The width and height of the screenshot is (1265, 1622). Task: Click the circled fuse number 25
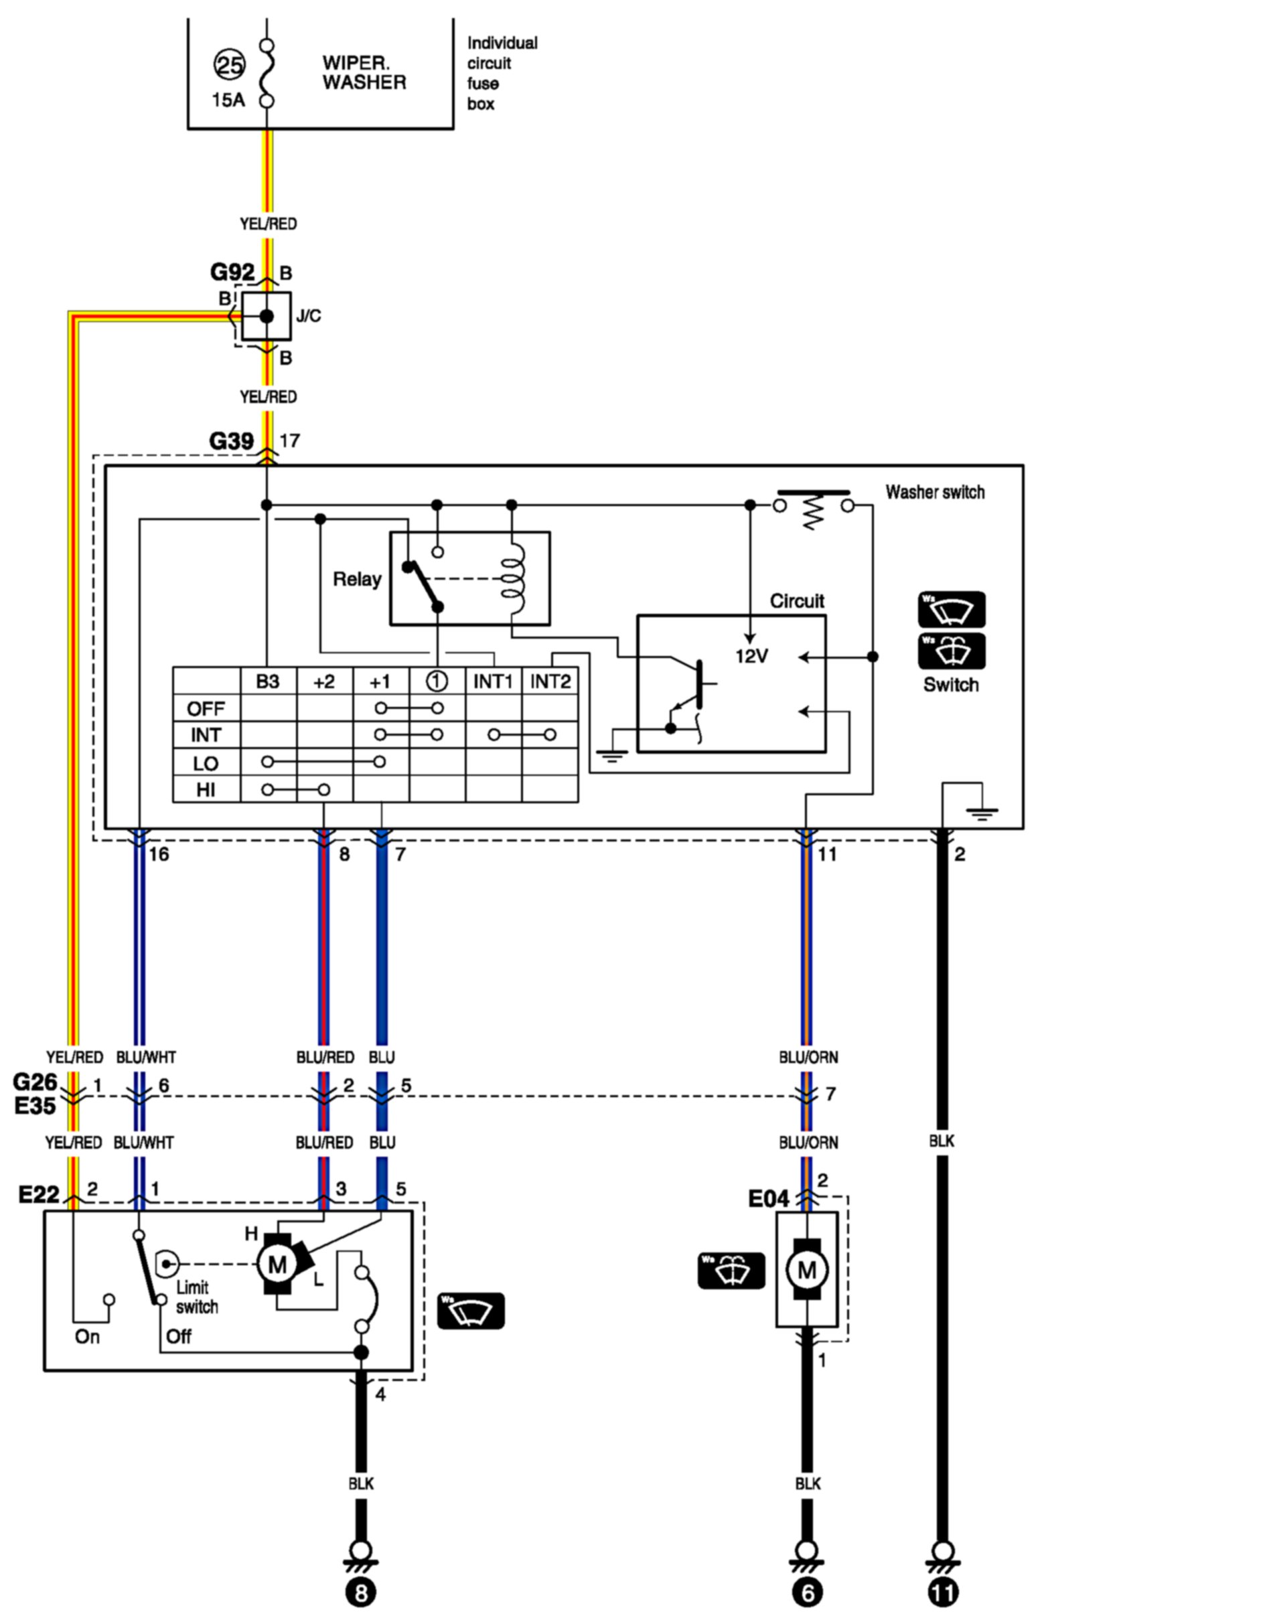click(x=229, y=66)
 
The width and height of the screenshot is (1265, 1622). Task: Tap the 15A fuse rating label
click(x=228, y=100)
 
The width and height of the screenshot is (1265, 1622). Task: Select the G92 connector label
click(x=232, y=272)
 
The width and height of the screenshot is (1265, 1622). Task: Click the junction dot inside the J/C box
click(x=267, y=317)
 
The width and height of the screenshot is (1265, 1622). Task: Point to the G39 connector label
click(x=231, y=441)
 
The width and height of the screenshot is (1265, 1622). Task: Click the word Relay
click(x=356, y=579)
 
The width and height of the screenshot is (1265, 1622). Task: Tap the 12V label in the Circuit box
click(x=752, y=657)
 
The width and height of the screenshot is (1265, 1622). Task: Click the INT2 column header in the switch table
click(x=550, y=681)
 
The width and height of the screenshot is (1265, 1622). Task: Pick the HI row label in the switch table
click(x=206, y=790)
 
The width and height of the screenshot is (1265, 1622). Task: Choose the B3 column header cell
click(x=267, y=681)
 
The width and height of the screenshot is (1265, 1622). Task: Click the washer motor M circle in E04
click(x=807, y=1271)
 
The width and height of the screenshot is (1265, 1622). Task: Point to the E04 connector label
click(x=768, y=1200)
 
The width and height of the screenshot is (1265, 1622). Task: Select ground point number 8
click(x=360, y=1593)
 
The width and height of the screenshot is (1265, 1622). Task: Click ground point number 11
click(x=943, y=1593)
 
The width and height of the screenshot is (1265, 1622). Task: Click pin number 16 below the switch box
click(x=159, y=855)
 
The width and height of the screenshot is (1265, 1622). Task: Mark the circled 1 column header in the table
click(x=437, y=681)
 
